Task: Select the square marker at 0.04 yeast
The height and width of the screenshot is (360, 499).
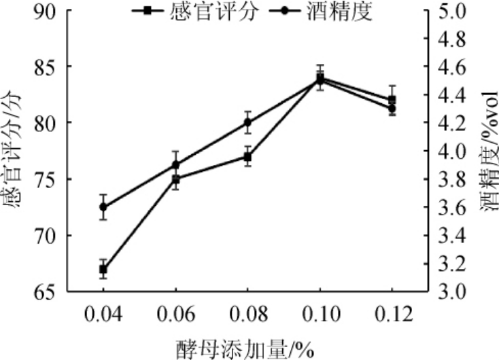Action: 103,269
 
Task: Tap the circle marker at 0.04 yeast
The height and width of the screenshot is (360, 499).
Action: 103,206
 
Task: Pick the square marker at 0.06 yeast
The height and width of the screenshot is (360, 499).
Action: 175,179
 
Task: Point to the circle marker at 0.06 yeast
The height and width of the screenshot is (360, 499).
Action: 175,164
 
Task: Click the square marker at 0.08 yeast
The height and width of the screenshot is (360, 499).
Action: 248,157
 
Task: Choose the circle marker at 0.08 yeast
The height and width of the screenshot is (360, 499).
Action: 248,122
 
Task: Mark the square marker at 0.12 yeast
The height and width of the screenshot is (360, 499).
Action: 392,100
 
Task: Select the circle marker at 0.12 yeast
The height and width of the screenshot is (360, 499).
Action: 392,108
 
